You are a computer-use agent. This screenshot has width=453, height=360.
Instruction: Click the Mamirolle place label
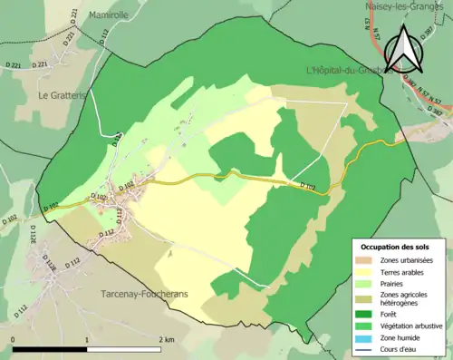(110, 15)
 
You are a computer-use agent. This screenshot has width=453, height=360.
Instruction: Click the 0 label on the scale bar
(14, 339)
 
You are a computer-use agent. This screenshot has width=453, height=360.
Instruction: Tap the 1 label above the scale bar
(87, 339)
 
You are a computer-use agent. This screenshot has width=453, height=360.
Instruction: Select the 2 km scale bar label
(165, 339)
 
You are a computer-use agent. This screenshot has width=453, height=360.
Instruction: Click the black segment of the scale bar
(50, 349)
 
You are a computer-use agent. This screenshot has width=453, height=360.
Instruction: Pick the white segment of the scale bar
(123, 349)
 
